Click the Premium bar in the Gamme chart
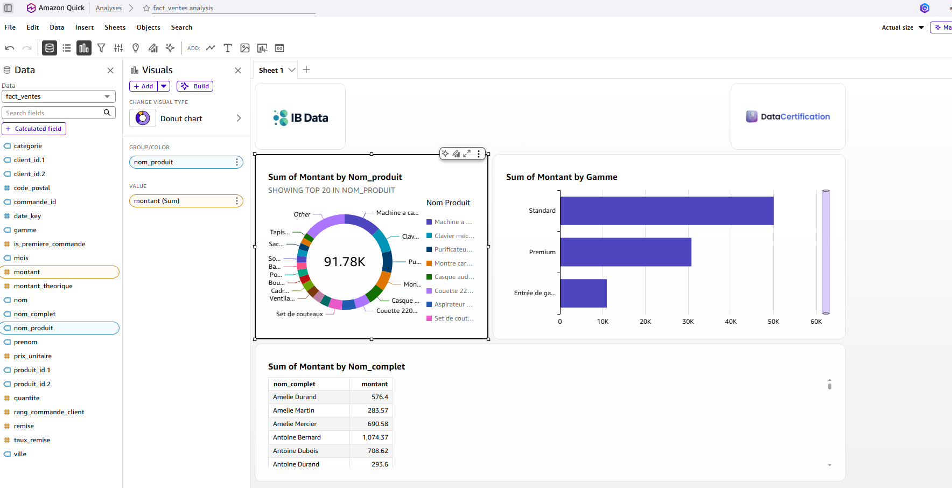point(626,252)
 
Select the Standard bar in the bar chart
point(667,211)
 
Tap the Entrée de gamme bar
point(584,293)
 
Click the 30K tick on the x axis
point(688,322)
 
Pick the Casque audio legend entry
point(451,277)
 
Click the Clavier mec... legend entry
point(451,236)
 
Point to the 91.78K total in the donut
point(345,262)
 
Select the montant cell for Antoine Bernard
point(372,437)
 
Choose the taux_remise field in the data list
point(32,440)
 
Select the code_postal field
point(32,188)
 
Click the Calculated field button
point(34,129)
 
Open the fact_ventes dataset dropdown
point(59,96)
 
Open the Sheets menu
point(115,27)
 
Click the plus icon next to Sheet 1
point(306,69)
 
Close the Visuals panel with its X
point(238,71)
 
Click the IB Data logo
point(300,117)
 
